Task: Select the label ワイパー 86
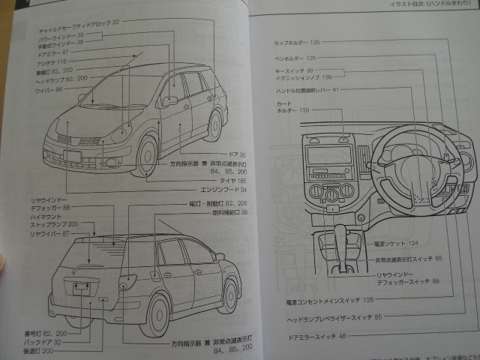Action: point(49,90)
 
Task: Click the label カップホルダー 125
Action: point(297,43)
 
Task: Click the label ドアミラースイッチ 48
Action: point(316,336)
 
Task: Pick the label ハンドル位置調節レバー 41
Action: point(307,90)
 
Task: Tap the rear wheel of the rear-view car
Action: point(158,314)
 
